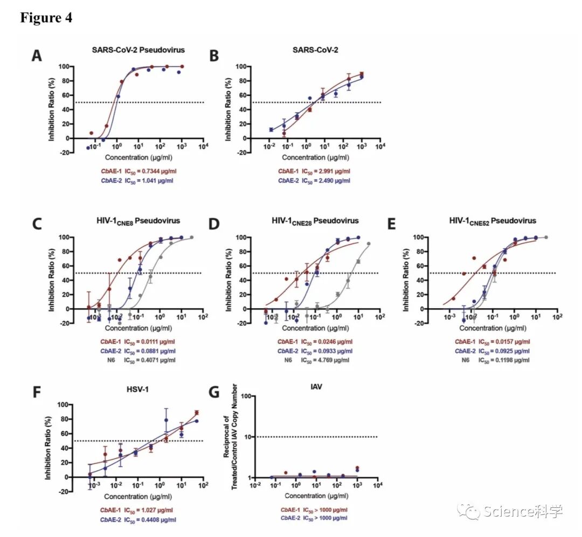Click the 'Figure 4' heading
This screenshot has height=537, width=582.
tap(46, 18)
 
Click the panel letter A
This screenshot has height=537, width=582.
tap(36, 56)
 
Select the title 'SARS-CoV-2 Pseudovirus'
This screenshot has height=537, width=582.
tap(138, 50)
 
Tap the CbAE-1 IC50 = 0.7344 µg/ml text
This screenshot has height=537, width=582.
tap(138, 171)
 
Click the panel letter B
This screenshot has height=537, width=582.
tap(214, 56)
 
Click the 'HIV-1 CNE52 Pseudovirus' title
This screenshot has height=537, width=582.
tap(493, 221)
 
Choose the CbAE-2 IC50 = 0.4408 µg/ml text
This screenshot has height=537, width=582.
tap(137, 519)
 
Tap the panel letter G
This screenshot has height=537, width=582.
tap(214, 392)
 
